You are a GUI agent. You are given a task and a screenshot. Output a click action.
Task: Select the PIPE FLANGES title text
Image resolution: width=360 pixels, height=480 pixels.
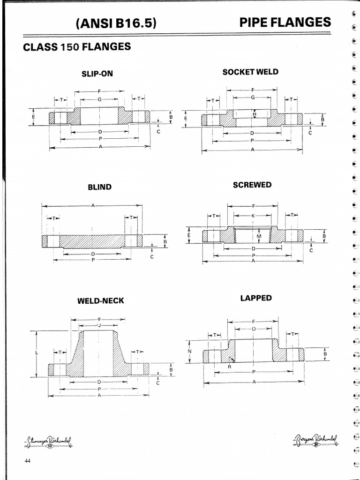point(285,22)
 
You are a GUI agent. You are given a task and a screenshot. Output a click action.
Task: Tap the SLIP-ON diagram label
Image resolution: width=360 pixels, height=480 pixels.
point(97,74)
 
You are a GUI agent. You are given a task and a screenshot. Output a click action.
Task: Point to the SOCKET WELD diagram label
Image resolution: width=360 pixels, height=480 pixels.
point(250,72)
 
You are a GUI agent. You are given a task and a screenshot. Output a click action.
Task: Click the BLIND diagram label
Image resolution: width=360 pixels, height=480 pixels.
point(100,187)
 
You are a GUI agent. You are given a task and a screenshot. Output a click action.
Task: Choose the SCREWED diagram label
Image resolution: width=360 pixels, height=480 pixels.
point(252,185)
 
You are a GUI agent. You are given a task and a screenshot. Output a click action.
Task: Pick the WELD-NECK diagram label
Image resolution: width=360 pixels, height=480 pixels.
point(101,300)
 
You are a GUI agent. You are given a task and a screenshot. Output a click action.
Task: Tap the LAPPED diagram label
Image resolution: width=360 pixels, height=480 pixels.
point(256,298)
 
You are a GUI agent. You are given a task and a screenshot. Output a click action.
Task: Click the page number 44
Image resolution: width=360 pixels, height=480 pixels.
point(27,461)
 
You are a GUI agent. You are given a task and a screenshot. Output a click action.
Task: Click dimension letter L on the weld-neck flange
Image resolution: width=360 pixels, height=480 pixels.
point(36,352)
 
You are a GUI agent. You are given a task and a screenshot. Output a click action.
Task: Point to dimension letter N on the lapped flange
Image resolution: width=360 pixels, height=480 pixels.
point(189,351)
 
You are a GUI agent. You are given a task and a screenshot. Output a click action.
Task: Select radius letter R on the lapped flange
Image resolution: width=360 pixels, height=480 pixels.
point(229,367)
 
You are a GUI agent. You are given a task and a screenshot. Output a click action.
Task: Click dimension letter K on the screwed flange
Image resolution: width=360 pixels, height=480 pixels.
point(253,216)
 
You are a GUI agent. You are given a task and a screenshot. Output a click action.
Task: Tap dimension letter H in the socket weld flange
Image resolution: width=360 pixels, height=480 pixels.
point(254,114)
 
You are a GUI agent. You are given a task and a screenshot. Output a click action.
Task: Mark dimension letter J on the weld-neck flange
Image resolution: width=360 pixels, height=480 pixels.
point(99,325)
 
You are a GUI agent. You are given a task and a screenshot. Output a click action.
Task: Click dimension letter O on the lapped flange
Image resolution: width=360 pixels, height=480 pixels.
point(253,329)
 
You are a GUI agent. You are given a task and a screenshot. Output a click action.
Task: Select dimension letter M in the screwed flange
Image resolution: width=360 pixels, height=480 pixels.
point(258,236)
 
